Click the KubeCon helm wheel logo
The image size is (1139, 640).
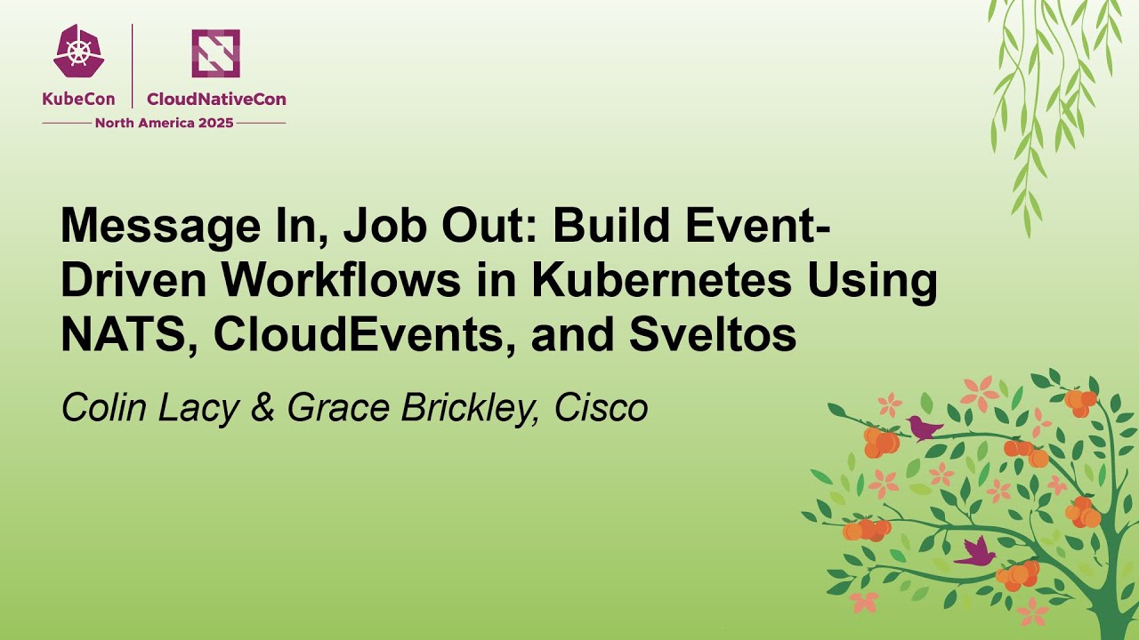pos(79,52)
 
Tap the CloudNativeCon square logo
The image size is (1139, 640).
pos(215,53)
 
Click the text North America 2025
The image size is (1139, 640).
pos(164,123)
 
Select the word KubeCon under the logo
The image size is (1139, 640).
pos(79,100)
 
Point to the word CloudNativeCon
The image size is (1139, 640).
pos(216,100)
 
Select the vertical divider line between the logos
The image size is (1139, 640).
pos(133,66)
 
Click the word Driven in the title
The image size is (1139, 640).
pos(133,281)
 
